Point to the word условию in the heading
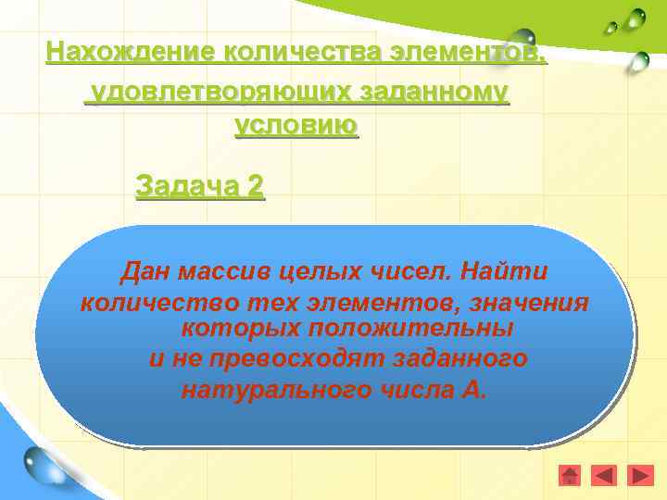tap(296, 125)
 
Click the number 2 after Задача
tap(255, 186)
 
